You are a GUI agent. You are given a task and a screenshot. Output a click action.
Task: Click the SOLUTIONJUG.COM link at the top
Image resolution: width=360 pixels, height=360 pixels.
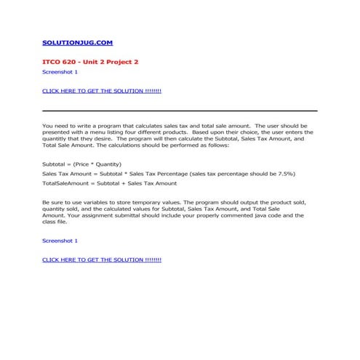[77, 43]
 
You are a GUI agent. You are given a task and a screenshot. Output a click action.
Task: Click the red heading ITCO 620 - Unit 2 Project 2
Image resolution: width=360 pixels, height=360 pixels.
[90, 62]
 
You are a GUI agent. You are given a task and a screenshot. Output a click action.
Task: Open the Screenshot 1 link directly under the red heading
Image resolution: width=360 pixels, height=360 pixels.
[60, 72]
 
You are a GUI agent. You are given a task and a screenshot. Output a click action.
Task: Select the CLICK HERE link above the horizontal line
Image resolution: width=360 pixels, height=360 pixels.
[101, 91]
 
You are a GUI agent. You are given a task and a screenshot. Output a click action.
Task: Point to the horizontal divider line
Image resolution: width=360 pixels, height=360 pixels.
[180, 111]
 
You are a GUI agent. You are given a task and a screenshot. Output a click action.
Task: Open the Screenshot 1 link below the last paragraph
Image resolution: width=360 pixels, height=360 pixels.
[60, 240]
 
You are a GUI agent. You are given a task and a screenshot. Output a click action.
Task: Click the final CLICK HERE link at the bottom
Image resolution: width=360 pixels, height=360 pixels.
[101, 259]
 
